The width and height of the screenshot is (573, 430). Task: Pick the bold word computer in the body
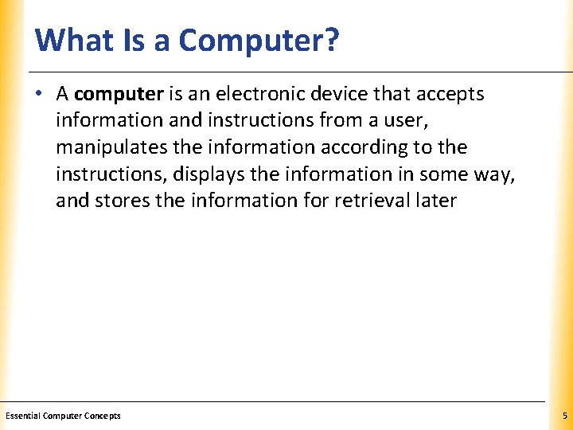(119, 94)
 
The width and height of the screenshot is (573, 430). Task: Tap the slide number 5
(563, 416)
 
